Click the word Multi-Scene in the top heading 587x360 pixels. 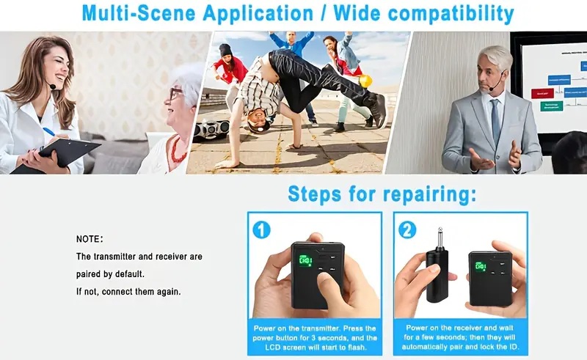[139, 13]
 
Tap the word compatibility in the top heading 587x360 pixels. [451, 15]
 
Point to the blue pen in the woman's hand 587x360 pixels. [48, 132]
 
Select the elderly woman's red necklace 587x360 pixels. [176, 150]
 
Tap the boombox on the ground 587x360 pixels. [211, 129]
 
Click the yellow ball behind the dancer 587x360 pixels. [365, 81]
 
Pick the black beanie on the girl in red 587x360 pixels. [225, 50]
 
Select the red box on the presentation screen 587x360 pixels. [542, 93]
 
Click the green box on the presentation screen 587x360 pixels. [551, 106]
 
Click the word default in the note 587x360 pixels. [129, 274]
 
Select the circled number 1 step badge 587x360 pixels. [261, 229]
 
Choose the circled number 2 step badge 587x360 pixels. [407, 229]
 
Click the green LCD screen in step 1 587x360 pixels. [305, 260]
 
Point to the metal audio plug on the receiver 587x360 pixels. [440, 239]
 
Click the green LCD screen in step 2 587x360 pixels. [481, 266]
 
